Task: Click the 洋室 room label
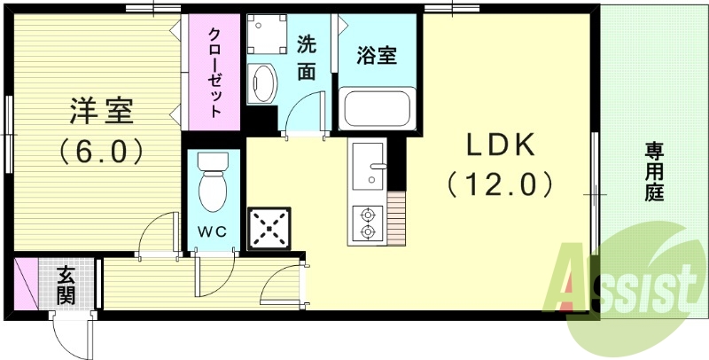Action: tap(102, 113)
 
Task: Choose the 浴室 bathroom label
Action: tap(376, 55)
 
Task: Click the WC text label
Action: tap(213, 231)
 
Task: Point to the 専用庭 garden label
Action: tap(654, 171)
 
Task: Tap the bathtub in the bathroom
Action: tap(376, 108)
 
